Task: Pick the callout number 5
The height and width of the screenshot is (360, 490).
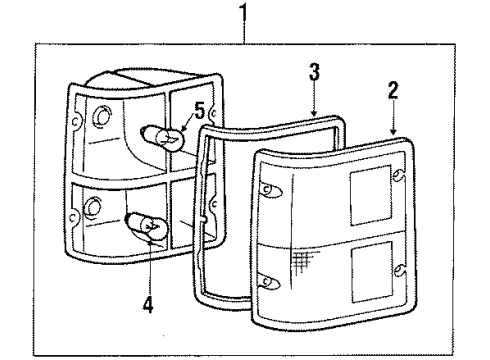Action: click(199, 107)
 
